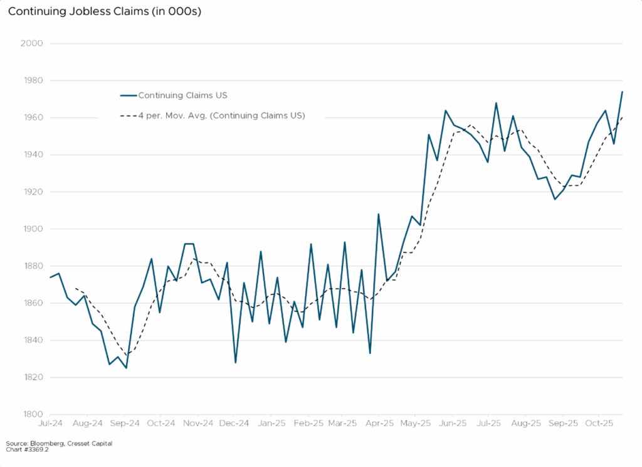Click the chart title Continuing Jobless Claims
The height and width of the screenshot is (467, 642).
[x=104, y=12]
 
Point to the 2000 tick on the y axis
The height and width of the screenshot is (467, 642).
[x=32, y=43]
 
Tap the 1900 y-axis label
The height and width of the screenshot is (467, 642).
[x=32, y=229]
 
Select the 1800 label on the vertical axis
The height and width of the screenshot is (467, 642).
[x=32, y=414]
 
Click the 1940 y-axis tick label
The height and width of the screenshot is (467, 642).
[x=32, y=155]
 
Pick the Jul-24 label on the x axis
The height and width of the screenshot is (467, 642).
[x=50, y=424]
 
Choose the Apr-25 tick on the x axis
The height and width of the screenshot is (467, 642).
[x=379, y=424]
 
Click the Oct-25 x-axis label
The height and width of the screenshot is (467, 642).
[x=599, y=424]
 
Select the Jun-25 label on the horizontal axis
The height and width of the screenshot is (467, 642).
[x=453, y=424]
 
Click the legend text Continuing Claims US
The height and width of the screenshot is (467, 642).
[x=182, y=95]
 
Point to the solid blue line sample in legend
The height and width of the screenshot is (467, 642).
[x=128, y=95]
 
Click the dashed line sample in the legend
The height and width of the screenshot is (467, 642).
[x=128, y=115]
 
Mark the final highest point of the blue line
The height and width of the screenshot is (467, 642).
[x=622, y=92]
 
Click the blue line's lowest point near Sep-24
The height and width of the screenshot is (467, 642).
[x=126, y=368]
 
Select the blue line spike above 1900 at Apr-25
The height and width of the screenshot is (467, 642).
[x=379, y=214]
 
